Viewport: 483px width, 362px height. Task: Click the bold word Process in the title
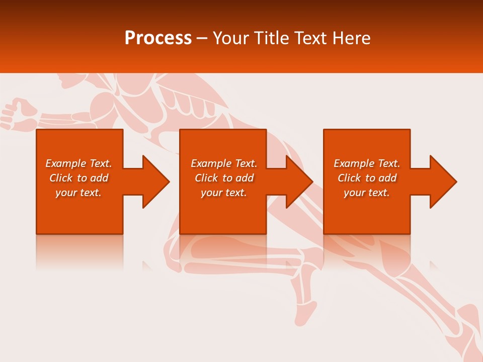pos(157,38)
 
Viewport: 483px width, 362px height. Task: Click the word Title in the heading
pos(271,38)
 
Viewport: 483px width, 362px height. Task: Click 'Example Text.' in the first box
pos(78,163)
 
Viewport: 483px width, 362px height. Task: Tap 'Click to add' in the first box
pos(78,178)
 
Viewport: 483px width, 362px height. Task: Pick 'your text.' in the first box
pos(78,193)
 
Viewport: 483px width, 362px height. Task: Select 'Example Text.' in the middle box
pos(223,163)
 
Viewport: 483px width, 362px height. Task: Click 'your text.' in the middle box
pos(223,193)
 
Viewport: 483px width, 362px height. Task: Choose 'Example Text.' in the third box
pos(367,163)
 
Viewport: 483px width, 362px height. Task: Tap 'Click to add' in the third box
pos(367,178)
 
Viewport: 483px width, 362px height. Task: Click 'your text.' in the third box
pos(367,193)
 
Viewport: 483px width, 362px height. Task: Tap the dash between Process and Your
pos(202,39)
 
